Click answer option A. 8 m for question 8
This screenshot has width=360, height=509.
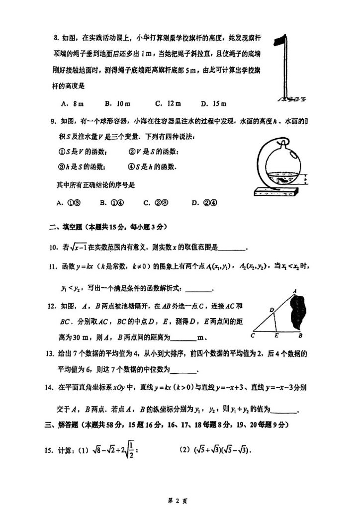[x=71, y=103]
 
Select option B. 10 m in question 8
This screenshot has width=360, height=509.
[x=117, y=103]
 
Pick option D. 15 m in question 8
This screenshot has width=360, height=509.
[x=213, y=103]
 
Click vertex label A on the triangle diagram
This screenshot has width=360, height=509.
[x=295, y=291]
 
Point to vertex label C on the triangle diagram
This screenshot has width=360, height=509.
[x=254, y=335]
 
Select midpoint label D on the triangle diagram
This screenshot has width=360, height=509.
[x=271, y=310]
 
